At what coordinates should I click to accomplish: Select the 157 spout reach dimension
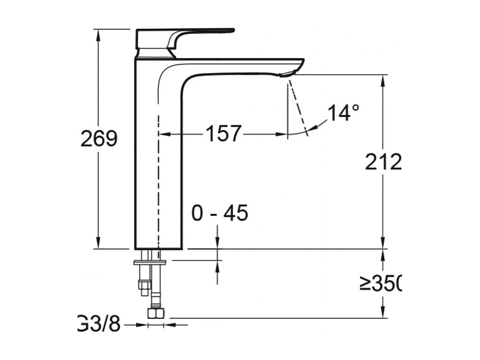pyautogui.click(x=224, y=133)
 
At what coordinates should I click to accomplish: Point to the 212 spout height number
pyautogui.click(x=383, y=163)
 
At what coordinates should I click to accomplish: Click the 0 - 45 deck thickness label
pyautogui.click(x=220, y=213)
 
